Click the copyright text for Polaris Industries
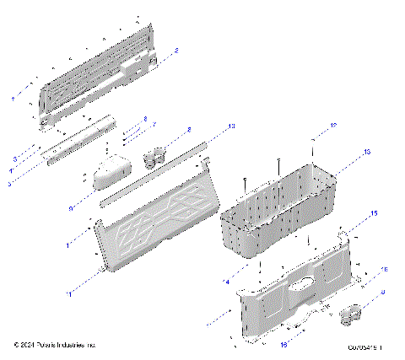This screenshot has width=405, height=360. (56, 345)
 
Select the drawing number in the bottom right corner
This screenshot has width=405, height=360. (369, 346)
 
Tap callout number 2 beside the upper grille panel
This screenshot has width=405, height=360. (175, 51)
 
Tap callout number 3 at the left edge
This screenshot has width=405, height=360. (14, 159)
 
